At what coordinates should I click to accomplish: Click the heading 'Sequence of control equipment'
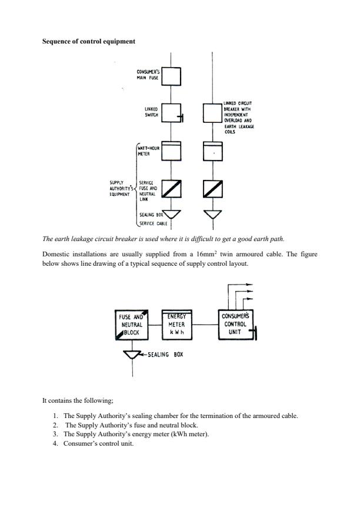tap(88, 41)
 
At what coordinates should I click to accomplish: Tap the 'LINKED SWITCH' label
tap(152, 112)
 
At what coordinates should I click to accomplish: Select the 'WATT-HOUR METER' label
tap(148, 152)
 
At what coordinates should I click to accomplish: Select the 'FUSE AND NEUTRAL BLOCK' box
tap(132, 324)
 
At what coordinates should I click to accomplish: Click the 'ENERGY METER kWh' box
tap(177, 324)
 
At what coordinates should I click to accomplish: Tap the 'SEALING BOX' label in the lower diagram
tap(164, 355)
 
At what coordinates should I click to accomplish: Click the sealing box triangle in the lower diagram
tap(132, 354)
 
